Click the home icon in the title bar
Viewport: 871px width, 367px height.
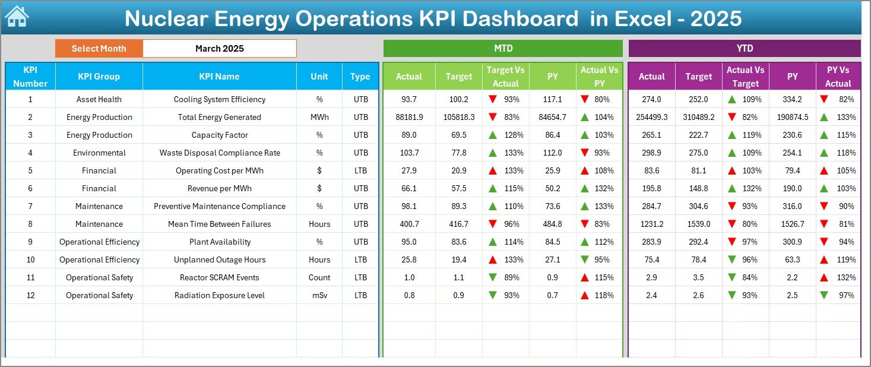coord(17,17)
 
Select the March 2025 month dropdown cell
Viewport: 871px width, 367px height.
coord(219,49)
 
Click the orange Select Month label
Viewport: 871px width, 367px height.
coord(99,49)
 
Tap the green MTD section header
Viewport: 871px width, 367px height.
coord(503,49)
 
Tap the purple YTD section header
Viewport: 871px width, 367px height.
coord(745,49)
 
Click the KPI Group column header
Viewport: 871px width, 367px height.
coord(99,77)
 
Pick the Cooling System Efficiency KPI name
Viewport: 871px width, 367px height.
coord(219,99)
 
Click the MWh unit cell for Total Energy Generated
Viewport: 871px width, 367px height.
coord(319,117)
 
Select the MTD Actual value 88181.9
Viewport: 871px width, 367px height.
coord(408,117)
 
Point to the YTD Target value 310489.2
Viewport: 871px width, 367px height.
coord(698,117)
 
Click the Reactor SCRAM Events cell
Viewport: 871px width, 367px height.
coord(219,277)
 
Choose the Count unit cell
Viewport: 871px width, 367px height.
coord(319,277)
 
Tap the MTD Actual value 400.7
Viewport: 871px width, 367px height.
coord(408,224)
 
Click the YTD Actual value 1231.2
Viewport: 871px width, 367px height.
coord(651,224)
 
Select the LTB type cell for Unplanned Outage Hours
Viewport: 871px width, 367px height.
coord(360,260)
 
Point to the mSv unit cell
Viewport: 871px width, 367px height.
coord(319,295)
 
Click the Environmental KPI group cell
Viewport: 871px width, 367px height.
coord(99,153)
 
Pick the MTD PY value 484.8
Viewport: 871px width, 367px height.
coord(552,224)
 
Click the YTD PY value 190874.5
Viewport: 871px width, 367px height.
coord(792,117)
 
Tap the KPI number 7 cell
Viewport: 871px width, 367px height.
coord(30,206)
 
